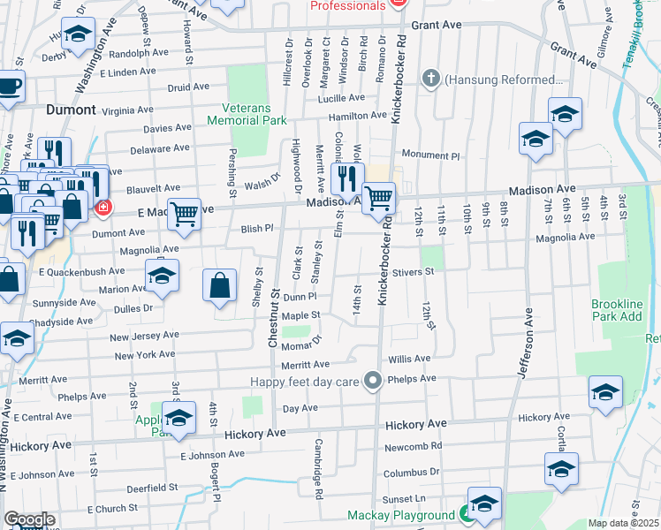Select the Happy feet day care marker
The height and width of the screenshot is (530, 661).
(x=374, y=381)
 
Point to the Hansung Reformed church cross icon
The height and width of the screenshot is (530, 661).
(x=432, y=79)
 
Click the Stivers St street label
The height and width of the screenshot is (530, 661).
(x=414, y=273)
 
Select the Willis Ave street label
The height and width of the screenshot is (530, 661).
(x=409, y=360)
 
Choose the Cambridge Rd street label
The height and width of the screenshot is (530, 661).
(x=319, y=466)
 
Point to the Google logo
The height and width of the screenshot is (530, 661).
(x=29, y=519)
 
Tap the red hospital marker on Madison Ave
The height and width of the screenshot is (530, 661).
(x=103, y=208)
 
